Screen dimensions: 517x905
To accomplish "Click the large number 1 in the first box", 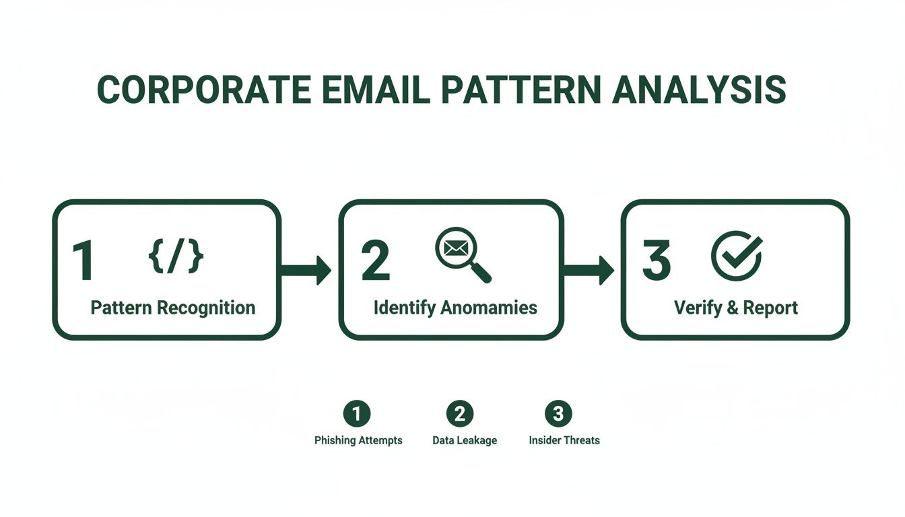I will click(83, 261).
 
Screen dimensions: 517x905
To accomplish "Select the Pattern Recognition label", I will click(173, 308).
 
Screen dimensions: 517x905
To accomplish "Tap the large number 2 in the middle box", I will click(375, 261).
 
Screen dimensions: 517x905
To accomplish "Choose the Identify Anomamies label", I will click(455, 308).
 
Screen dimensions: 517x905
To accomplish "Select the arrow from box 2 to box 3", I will click(589, 270).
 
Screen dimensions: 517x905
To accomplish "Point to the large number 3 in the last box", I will click(656, 261).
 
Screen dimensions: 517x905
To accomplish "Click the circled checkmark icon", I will click(737, 255).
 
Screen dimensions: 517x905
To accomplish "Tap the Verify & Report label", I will click(736, 308).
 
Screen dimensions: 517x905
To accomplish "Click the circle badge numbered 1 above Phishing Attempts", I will click(357, 413).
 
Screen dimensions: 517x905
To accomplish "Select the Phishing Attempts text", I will click(358, 440).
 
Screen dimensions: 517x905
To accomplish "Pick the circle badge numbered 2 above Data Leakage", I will click(460, 413).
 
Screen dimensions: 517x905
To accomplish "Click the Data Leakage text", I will click(465, 440).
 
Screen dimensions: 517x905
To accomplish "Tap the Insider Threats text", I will click(564, 440).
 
